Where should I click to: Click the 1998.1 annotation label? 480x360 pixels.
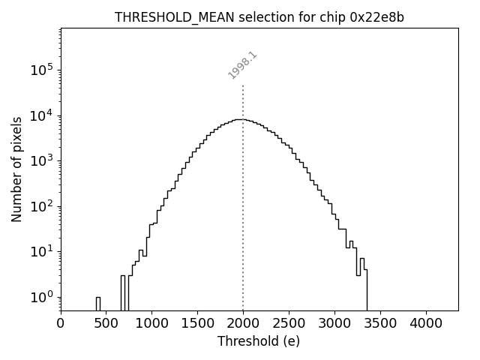pos(243,65)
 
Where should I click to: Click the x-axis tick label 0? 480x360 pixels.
pos(61,324)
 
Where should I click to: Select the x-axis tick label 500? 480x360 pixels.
pos(106,324)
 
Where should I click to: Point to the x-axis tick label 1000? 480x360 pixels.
pos(152,324)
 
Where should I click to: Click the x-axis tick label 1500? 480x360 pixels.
pos(197,324)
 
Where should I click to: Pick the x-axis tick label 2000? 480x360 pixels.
pos(243,324)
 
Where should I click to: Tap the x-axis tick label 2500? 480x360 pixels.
pos(289,324)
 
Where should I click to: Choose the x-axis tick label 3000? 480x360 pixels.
pos(334,324)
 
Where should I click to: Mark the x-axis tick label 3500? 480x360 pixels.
pos(380,324)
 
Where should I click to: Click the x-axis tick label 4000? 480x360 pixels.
pos(426,324)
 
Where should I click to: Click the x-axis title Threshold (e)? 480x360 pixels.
pos(259,341)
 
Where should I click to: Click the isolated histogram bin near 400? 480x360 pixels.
pos(97,303)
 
